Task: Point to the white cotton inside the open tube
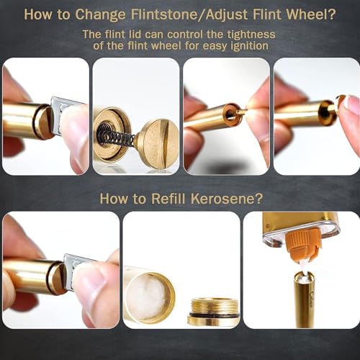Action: [146, 296]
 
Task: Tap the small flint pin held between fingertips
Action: [242, 111]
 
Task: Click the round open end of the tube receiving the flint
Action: [230, 114]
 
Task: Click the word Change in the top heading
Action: [100, 15]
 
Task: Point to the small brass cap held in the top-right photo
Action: [341, 102]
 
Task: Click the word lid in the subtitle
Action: [135, 35]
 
